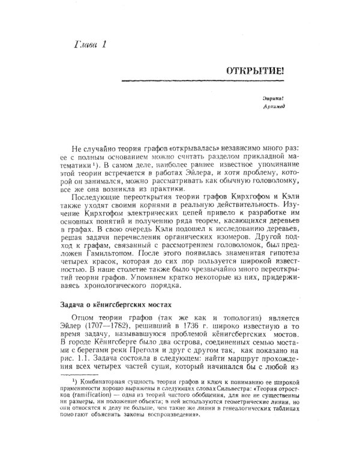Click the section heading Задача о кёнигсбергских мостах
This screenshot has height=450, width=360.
(116, 302)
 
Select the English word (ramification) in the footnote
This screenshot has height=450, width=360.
(105, 395)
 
